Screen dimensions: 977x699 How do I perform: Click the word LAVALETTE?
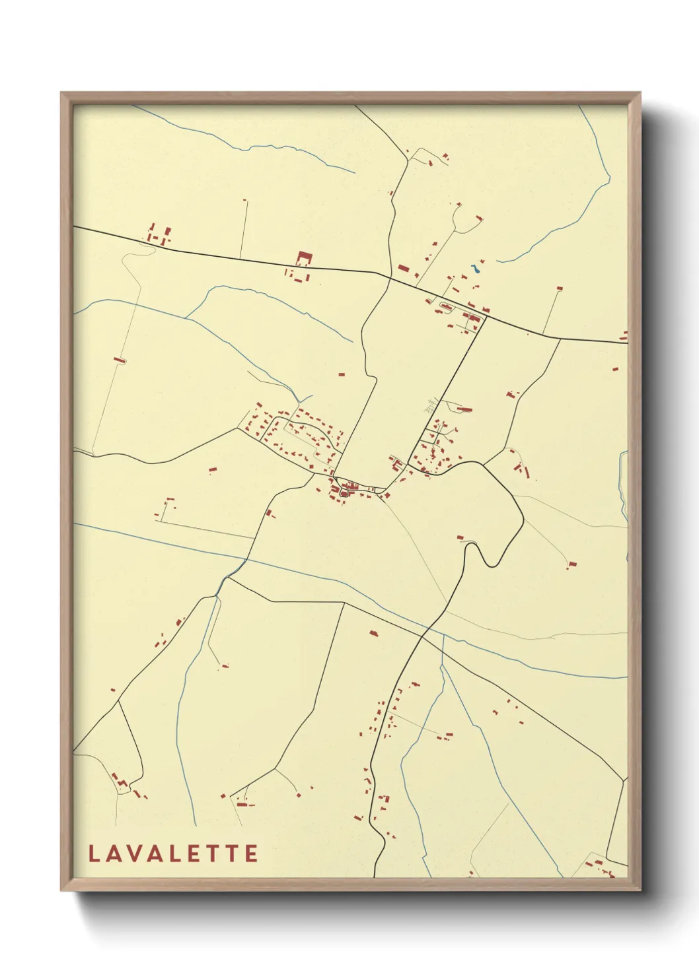[173, 854]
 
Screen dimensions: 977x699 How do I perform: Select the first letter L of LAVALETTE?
[94, 854]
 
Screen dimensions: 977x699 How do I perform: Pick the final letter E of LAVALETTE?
[251, 854]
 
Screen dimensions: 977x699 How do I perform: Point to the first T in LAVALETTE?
[215, 854]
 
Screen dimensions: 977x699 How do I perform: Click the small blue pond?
[475, 269]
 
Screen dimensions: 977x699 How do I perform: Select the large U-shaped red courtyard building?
[303, 258]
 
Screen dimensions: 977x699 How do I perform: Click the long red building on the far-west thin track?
[120, 360]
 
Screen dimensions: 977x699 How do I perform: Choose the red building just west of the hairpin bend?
[460, 537]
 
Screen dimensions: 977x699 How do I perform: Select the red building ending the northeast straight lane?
[560, 288]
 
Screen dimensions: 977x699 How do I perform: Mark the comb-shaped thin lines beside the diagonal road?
[431, 405]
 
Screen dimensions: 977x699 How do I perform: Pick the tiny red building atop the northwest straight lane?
[244, 199]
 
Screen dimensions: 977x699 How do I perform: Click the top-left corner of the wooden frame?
[61, 93]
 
